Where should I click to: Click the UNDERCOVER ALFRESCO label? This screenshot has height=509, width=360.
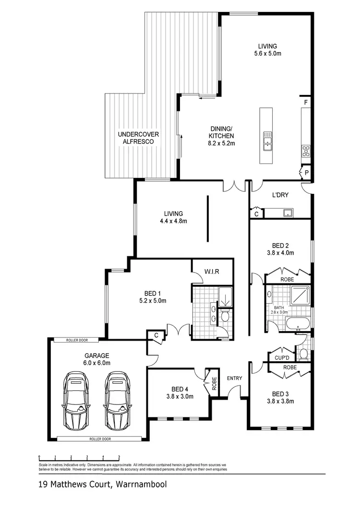tap(138, 138)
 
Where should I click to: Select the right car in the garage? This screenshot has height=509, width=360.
tap(115, 403)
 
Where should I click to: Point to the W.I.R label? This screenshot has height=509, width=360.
tap(212, 272)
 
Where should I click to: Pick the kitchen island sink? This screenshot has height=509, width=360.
tap(266, 141)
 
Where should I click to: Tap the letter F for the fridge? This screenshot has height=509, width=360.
tap(305, 103)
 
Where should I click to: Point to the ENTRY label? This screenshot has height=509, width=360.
tap(235, 379)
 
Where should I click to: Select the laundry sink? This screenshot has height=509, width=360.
tap(288, 213)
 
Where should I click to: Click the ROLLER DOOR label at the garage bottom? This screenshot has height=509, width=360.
tap(99, 438)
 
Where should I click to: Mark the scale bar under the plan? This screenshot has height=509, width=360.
tap(79, 457)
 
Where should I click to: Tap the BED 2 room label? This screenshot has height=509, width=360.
tap(280, 245)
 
